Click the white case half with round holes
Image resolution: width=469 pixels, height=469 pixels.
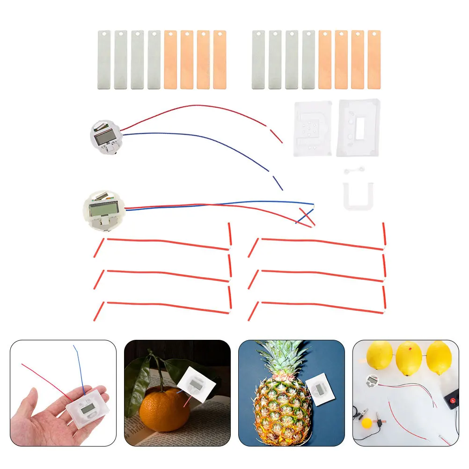tap(312, 129)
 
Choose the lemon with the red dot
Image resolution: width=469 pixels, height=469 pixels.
tap(409, 358)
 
